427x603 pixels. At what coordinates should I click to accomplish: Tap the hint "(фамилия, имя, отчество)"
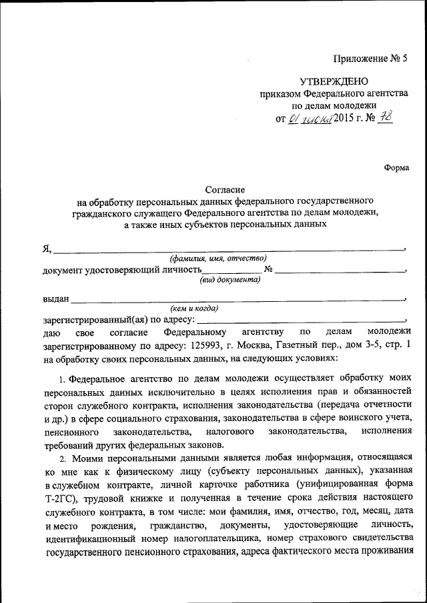(218, 258)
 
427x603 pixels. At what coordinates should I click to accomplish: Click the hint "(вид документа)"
(230, 281)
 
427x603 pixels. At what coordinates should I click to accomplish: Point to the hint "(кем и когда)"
(195, 308)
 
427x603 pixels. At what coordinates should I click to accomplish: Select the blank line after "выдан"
(237, 301)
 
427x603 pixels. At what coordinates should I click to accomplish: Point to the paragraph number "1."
(63, 380)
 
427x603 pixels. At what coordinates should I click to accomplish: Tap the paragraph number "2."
(62, 459)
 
